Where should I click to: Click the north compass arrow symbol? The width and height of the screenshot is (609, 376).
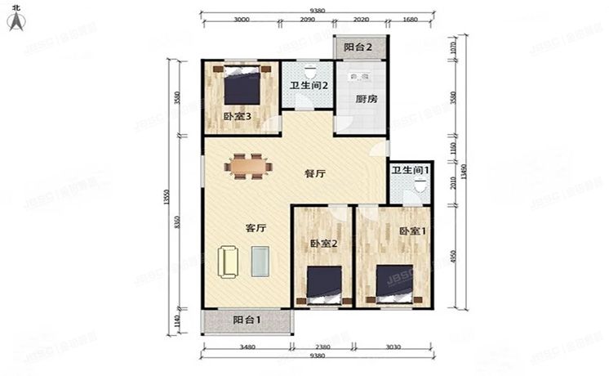click(x=16, y=20)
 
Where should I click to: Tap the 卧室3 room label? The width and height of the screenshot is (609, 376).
click(x=237, y=117)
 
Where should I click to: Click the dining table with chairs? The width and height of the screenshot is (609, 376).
click(x=250, y=166)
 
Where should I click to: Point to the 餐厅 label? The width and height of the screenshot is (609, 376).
click(x=315, y=173)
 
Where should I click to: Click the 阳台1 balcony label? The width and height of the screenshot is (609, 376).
click(x=247, y=320)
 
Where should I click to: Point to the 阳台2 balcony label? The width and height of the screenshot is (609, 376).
click(x=358, y=48)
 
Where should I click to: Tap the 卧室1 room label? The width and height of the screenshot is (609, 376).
click(x=412, y=231)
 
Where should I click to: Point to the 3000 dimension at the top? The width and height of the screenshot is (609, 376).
click(x=241, y=20)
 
